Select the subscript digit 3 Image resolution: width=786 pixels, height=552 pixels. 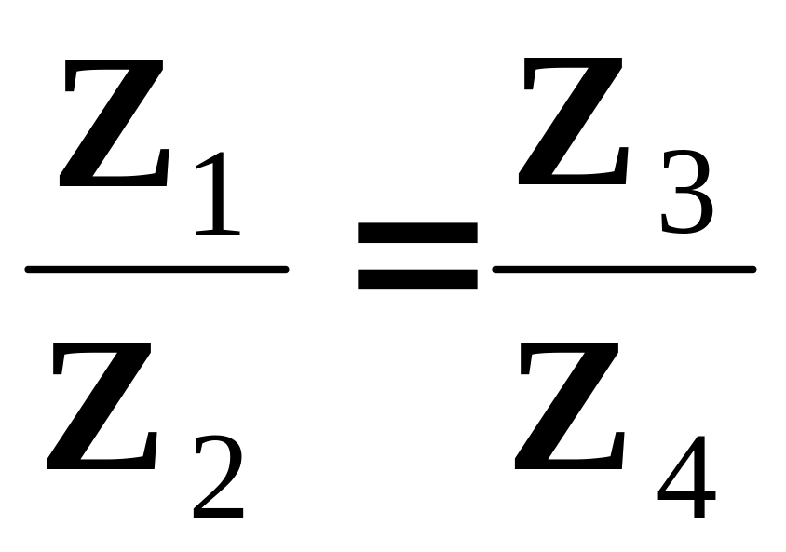(x=686, y=196)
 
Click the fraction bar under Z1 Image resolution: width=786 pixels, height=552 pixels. (x=156, y=270)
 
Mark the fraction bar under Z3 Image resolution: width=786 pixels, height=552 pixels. (x=624, y=270)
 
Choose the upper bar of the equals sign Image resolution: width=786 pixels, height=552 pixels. (x=417, y=233)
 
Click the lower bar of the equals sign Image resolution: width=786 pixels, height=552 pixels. (x=417, y=278)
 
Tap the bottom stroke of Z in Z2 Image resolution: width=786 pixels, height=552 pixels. (x=101, y=458)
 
